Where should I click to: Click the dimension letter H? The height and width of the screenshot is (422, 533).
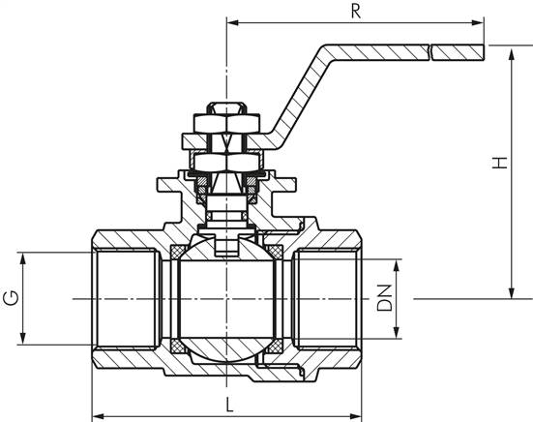(x=498, y=166)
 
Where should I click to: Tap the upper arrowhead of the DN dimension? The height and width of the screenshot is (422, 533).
(x=397, y=264)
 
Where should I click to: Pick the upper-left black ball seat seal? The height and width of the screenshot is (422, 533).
(x=181, y=253)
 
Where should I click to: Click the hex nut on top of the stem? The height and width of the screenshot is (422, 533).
(x=225, y=123)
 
